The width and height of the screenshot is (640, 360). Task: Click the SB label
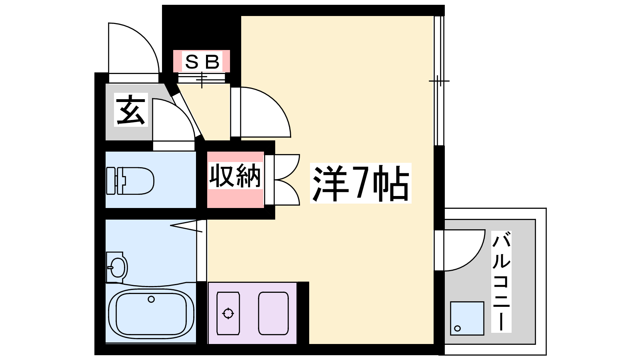pyautogui.click(x=202, y=62)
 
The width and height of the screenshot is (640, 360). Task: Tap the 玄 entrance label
pyautogui.click(x=131, y=110)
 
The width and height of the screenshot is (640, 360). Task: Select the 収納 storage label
pyautogui.click(x=235, y=176)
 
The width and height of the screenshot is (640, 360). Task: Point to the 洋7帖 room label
pyautogui.click(x=360, y=183)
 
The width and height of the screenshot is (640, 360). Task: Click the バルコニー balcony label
pyautogui.click(x=501, y=282)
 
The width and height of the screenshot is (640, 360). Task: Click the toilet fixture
pyautogui.click(x=130, y=181)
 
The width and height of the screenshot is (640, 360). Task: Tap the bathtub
pyautogui.click(x=151, y=314)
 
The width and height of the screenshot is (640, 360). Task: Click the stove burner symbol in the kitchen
pyautogui.click(x=228, y=314)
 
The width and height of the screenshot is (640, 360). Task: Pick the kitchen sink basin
pyautogui.click(x=273, y=313)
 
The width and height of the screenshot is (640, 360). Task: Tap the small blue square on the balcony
pyautogui.click(x=467, y=318)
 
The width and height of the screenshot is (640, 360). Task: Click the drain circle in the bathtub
pyautogui.click(x=151, y=300)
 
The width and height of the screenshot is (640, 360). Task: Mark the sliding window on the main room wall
pyautogui.click(x=439, y=81)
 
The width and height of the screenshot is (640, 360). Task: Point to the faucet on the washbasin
pyautogui.click(x=110, y=268)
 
